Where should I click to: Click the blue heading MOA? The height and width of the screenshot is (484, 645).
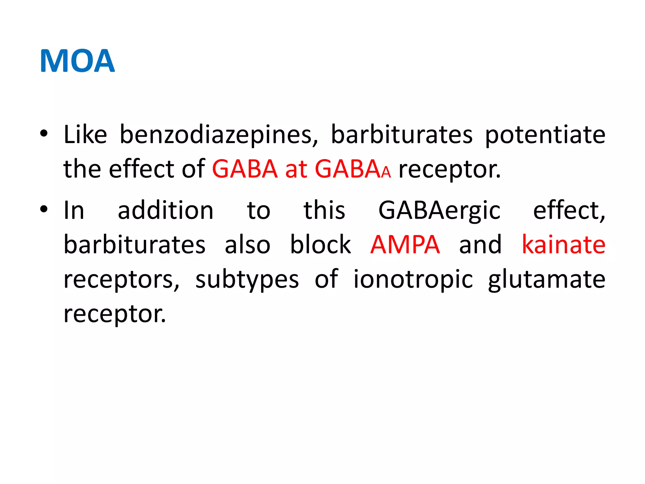pyautogui.click(x=77, y=61)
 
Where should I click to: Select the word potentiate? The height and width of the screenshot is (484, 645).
pyautogui.click(x=545, y=135)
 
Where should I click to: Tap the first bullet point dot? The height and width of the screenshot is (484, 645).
pyautogui.click(x=44, y=134)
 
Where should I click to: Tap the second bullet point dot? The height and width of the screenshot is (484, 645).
pyautogui.click(x=44, y=209)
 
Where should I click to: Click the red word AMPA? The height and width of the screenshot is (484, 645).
pyautogui.click(x=405, y=245)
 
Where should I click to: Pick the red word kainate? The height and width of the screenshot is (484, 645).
pyautogui.click(x=563, y=245)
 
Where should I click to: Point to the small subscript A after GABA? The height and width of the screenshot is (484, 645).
pyautogui.click(x=386, y=173)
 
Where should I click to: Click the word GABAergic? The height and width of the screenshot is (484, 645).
pyautogui.click(x=439, y=210)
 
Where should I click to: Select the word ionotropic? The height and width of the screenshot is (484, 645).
pyautogui.click(x=413, y=280)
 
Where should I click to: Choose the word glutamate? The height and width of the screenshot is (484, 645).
pyautogui.click(x=546, y=280)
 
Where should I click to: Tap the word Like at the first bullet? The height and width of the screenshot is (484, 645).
pyautogui.click(x=85, y=135)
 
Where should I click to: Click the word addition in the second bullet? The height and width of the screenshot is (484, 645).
pyautogui.click(x=166, y=210)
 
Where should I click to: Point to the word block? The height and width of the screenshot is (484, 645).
pyautogui.click(x=320, y=245)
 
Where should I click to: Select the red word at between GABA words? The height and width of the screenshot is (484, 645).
pyautogui.click(x=296, y=170)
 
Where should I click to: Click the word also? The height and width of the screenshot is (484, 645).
pyautogui.click(x=247, y=245)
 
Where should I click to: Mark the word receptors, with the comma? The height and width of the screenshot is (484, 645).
pyautogui.click(x=121, y=280)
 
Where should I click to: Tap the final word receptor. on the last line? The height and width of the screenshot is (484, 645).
pyautogui.click(x=115, y=314)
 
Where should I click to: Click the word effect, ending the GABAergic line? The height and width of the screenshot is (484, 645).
pyautogui.click(x=569, y=210)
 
